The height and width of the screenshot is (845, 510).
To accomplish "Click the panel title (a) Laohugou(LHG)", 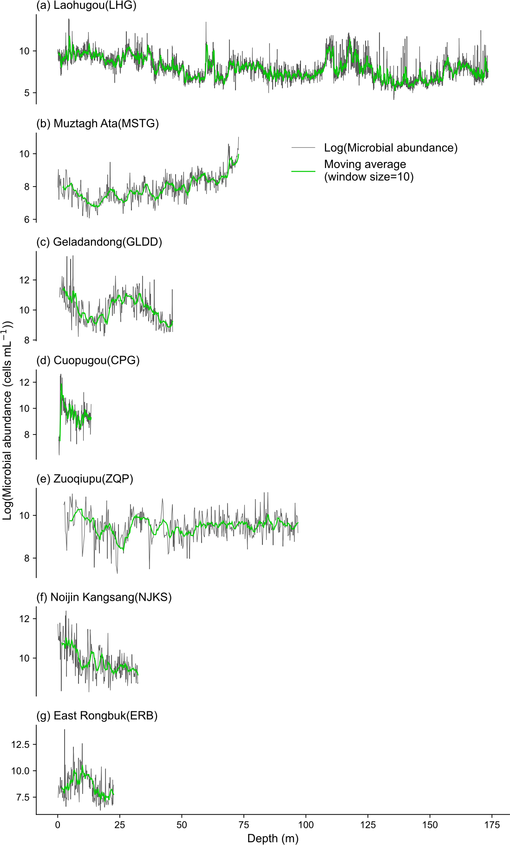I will (86, 6).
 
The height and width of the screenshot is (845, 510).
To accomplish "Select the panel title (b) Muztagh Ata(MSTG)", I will (98, 123).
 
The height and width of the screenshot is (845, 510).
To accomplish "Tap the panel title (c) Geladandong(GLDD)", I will (99, 242).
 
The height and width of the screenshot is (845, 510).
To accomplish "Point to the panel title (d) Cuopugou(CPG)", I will (88, 360).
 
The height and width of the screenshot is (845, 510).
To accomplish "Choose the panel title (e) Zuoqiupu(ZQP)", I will (85, 479).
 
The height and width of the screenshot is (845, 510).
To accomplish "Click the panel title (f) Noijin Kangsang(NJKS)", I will (104, 597).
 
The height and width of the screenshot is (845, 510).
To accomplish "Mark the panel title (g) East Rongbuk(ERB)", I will (97, 715).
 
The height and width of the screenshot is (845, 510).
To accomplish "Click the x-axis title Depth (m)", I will (273, 838).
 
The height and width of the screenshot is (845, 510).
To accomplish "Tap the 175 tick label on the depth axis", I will (492, 825).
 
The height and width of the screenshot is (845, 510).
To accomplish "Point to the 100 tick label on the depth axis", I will (306, 825).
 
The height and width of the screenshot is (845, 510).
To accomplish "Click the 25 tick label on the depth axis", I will (120, 825).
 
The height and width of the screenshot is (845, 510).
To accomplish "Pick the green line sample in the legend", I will (303, 171).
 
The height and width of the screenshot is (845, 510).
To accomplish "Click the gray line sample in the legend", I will (303, 148).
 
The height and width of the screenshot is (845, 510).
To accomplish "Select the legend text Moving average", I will (365, 164).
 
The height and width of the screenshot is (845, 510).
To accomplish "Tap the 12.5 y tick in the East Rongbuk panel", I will (20, 745).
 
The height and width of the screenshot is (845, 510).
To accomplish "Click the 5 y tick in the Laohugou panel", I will (27, 93).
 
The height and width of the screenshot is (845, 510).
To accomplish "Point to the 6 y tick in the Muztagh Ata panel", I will (27, 220).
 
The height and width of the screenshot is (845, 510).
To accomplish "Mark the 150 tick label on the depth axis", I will (430, 825).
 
